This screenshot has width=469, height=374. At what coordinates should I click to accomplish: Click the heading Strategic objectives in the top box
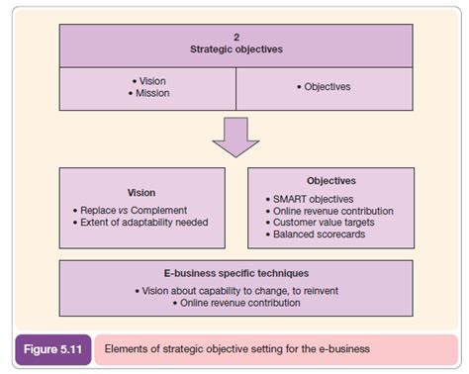click(x=235, y=47)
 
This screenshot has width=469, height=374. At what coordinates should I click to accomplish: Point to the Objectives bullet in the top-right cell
click(x=326, y=86)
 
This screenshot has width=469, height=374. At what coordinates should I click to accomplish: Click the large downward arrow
click(x=235, y=137)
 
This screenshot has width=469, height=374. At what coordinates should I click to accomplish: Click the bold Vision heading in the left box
click(x=141, y=192)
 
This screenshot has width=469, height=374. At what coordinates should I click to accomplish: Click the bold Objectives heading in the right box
click(x=331, y=181)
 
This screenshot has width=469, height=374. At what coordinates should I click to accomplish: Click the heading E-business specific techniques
click(x=235, y=272)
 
